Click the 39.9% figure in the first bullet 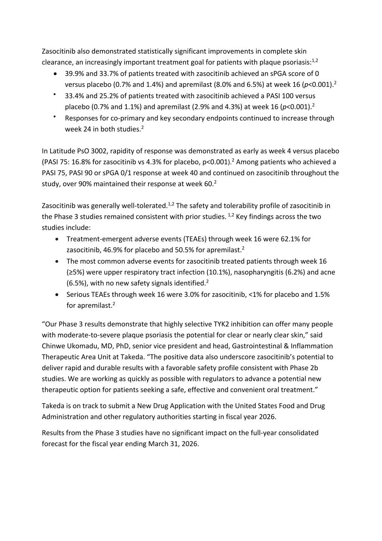pyautogui.click(x=74, y=73)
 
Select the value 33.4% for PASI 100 pyautogui.click(x=74, y=96)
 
